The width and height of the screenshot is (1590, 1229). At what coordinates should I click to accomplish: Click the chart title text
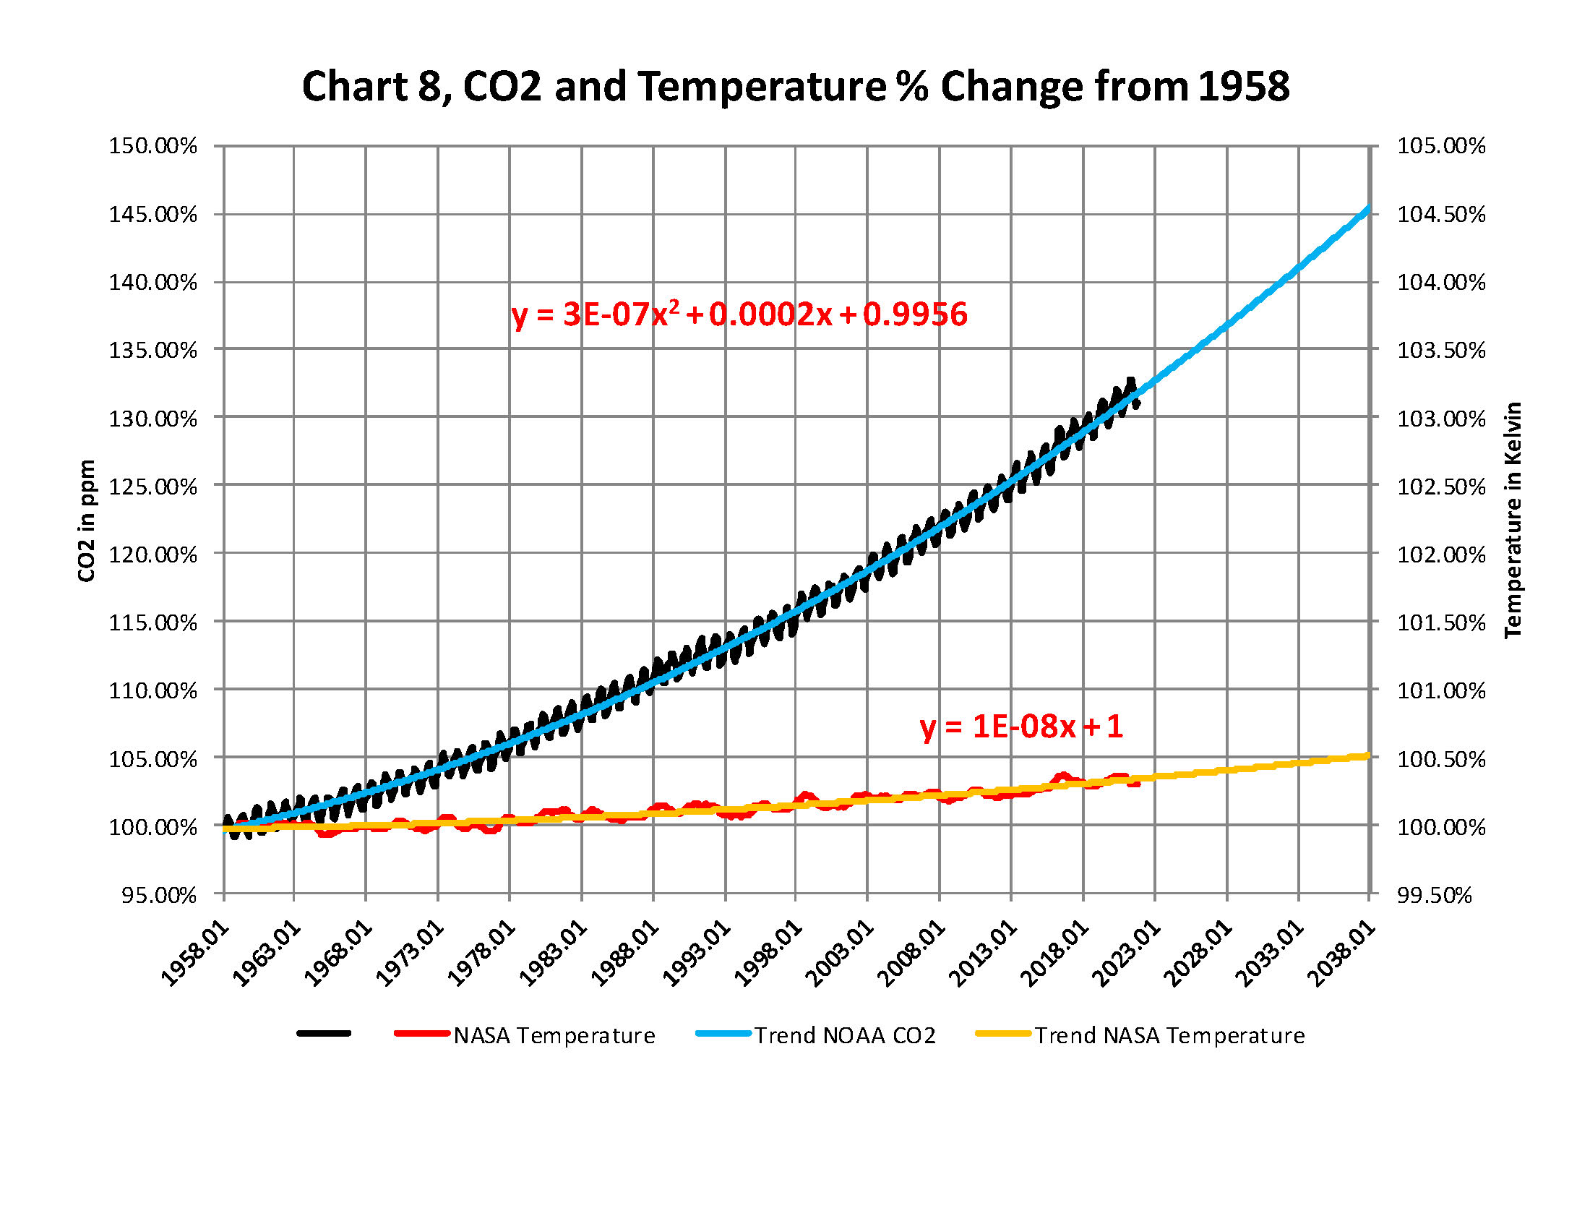[795, 86]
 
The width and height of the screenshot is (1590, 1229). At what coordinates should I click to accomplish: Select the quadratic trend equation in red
[739, 314]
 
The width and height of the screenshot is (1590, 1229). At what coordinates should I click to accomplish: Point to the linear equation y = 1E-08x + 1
[1020, 727]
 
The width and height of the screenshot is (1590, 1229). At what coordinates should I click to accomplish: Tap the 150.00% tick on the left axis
[153, 145]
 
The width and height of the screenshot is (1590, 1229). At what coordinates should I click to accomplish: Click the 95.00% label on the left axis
[159, 895]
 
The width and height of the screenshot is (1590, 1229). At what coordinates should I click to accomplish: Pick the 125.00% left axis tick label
[153, 487]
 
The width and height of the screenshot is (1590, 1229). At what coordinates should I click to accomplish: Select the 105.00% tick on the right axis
[1440, 145]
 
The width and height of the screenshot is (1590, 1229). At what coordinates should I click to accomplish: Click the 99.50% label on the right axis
[1434, 895]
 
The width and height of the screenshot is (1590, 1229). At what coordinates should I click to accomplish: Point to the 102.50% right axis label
[1440, 487]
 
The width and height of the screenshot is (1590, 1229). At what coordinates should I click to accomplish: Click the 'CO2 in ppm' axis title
[87, 521]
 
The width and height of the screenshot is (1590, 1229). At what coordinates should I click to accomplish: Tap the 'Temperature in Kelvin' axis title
[1513, 520]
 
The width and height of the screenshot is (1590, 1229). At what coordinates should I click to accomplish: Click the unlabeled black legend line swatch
[324, 1034]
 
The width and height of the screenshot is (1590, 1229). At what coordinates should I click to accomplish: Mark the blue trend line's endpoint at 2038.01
[1368, 210]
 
